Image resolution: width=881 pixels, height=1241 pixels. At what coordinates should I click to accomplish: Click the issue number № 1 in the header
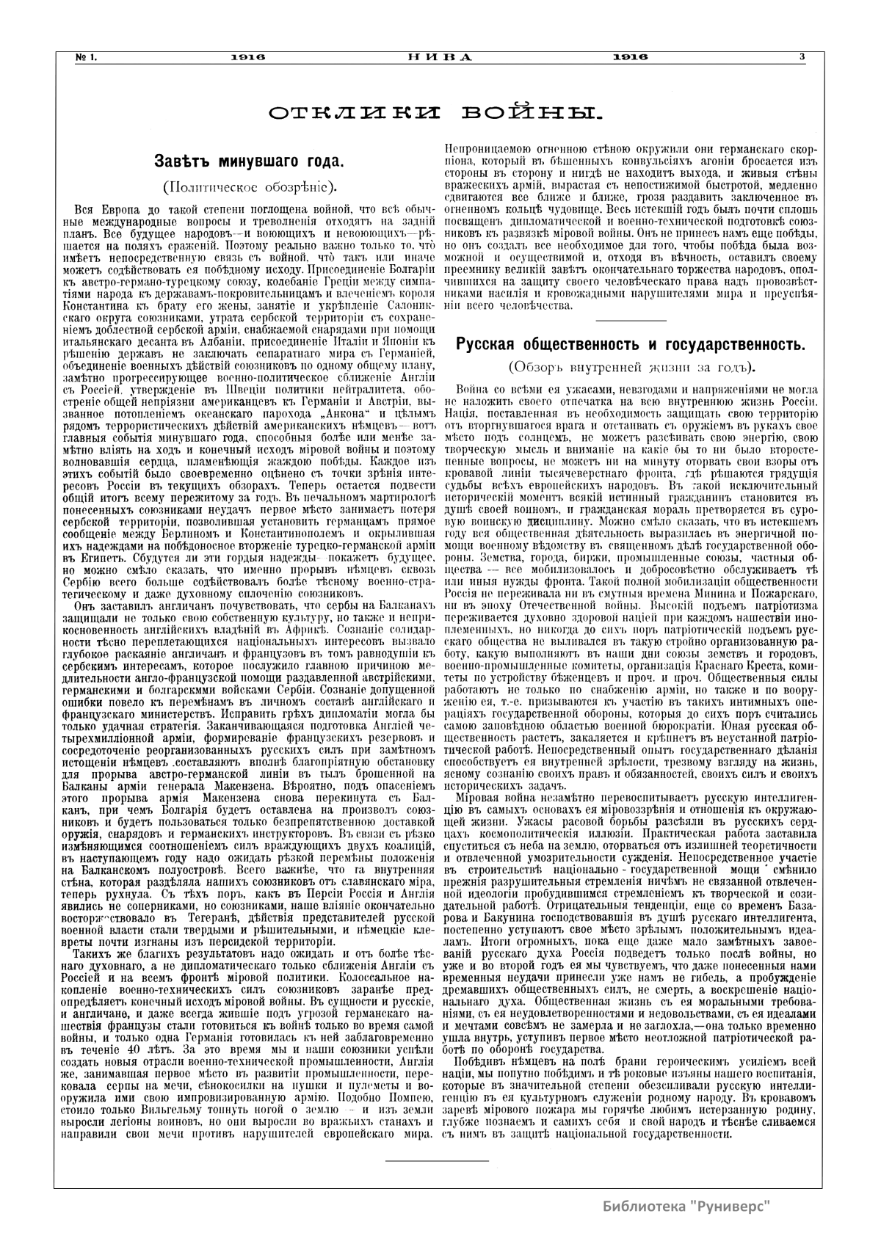(x=87, y=57)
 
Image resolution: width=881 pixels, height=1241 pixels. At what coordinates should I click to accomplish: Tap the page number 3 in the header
(x=802, y=57)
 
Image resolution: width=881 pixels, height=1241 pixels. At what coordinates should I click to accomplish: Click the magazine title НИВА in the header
(x=440, y=57)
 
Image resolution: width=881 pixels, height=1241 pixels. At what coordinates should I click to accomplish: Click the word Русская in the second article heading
(x=489, y=344)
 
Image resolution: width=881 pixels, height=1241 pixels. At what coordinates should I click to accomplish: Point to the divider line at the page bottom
(x=436, y=1161)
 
